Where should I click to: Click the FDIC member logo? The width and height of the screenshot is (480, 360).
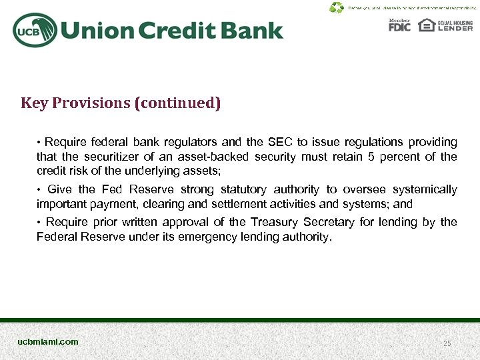point(399,25)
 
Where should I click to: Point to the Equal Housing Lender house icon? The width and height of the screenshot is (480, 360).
point(426,25)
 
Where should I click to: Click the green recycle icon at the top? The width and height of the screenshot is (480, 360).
point(337,7)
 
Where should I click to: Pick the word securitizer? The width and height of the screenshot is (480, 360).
point(105,157)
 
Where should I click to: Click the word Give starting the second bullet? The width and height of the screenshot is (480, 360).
point(59,190)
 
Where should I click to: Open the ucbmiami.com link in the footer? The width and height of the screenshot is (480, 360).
point(48,341)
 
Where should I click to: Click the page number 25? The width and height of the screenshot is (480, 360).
point(447,343)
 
